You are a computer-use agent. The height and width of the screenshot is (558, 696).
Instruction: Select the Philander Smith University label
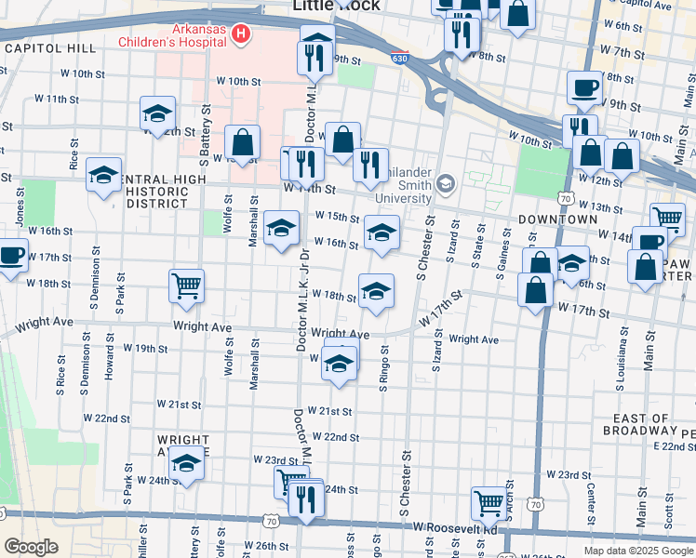click(403, 189)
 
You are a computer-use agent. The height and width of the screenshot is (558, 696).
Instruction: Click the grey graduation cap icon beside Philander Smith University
click(445, 183)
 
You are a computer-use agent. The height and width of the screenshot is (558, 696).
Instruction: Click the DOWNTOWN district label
click(557, 219)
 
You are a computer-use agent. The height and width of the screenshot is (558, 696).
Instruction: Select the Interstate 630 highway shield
click(399, 58)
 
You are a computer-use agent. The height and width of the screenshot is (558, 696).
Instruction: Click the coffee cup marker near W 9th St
click(583, 87)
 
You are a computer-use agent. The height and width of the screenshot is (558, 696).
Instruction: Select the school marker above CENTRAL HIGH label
click(103, 174)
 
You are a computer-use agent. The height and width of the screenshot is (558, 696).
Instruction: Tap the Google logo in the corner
click(31, 547)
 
